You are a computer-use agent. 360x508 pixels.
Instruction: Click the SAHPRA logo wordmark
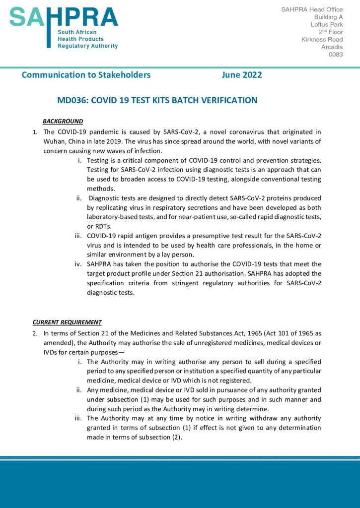tap(64, 19)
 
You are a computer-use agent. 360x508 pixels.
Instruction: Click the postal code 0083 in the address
tap(336, 55)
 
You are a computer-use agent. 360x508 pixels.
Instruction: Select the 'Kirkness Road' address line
tap(322, 39)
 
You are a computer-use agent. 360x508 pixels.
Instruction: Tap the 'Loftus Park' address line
tap(326, 24)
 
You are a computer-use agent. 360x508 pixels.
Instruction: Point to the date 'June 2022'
tap(242, 75)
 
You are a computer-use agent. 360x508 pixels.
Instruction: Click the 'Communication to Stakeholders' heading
tap(86, 75)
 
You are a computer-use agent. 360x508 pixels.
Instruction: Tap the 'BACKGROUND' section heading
tap(63, 121)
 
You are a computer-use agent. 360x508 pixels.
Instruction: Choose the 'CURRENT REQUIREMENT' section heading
tap(67, 322)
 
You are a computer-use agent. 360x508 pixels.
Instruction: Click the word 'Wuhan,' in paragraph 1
tap(55, 141)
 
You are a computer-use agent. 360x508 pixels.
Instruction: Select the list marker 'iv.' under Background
tap(78, 264)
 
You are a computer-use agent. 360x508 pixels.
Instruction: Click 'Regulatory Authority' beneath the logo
tap(87, 46)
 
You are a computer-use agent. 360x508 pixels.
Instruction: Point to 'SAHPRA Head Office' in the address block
tap(312, 9)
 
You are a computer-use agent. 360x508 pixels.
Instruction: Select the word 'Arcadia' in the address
tap(332, 47)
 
